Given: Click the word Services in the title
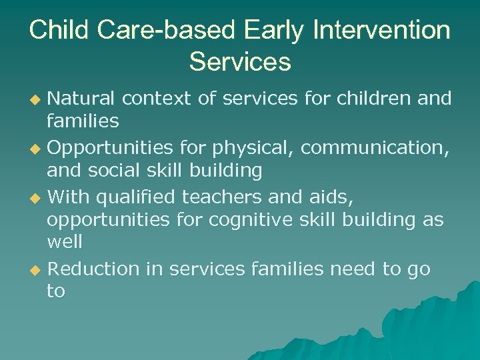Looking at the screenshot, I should pyautogui.click(x=240, y=61).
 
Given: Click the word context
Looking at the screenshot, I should pyautogui.click(x=159, y=99).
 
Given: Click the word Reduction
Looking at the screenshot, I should pyautogui.click(x=93, y=269).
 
